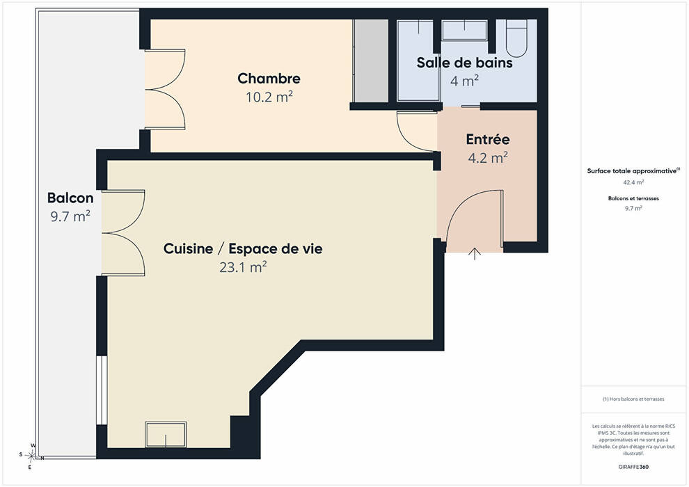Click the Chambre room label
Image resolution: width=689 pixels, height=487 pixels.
click(x=269, y=79)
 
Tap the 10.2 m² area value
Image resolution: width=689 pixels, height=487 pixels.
click(x=269, y=97)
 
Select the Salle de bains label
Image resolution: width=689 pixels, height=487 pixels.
click(x=464, y=63)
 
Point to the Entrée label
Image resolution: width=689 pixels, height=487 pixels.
click(x=488, y=139)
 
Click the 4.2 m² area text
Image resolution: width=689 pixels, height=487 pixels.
click(x=488, y=157)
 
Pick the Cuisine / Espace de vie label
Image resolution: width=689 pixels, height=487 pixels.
click(x=243, y=248)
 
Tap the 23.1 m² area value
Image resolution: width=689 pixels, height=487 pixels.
click(x=243, y=267)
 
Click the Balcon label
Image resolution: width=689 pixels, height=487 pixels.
click(x=70, y=198)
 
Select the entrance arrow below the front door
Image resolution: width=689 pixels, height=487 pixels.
click(x=475, y=254)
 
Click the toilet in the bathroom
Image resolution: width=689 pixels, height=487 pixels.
click(x=516, y=39)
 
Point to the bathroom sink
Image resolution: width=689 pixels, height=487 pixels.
click(x=464, y=31)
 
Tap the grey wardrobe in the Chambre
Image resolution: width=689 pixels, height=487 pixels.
click(x=371, y=61)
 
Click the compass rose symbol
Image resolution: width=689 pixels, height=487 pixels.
click(x=31, y=456)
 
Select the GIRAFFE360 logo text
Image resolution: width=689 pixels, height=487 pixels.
click(x=633, y=467)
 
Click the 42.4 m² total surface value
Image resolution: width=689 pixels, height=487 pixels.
click(x=633, y=182)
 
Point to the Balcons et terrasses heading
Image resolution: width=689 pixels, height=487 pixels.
click(x=633, y=198)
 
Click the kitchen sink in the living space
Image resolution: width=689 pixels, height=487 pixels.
click(x=166, y=435)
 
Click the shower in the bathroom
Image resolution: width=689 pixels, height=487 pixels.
click(x=418, y=61)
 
